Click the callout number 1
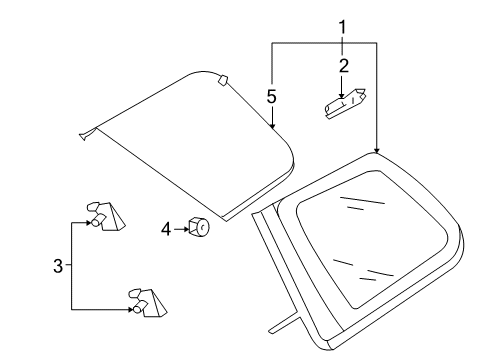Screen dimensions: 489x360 click(x=342, y=27)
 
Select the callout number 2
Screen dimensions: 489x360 click(x=343, y=66)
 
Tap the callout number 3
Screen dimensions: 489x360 click(x=58, y=266)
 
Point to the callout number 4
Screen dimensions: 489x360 click(x=166, y=229)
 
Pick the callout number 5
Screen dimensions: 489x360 click(x=272, y=97)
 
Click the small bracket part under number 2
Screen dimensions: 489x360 click(x=345, y=104)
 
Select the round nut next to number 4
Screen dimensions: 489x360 click(x=199, y=227)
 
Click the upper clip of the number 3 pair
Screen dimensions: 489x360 click(x=105, y=216)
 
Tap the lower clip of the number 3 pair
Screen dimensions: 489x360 click(x=147, y=303)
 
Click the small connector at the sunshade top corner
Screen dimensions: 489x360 click(x=222, y=80)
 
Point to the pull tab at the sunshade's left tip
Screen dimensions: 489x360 click(x=87, y=134)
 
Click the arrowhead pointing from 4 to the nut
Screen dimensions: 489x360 click(x=186, y=229)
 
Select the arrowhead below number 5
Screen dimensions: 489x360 click(x=272, y=126)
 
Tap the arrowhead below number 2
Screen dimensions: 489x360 click(x=341, y=96)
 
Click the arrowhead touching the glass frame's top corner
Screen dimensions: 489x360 click(x=377, y=150)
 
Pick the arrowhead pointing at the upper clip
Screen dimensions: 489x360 click(x=89, y=223)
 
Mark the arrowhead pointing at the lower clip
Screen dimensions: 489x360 click(x=130, y=310)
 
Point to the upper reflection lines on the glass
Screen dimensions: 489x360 click(x=362, y=203)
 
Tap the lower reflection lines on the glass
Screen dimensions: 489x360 click(x=363, y=270)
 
